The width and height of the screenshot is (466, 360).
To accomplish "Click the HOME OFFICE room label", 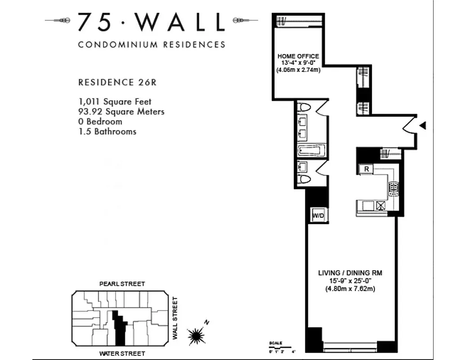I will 298,56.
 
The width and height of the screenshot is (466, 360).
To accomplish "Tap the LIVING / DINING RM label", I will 350,273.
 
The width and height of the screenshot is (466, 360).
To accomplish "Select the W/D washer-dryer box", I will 318,216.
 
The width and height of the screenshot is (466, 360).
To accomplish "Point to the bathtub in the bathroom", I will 311,150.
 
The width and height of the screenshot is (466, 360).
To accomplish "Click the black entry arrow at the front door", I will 422,126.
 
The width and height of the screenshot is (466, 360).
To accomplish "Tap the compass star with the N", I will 197,334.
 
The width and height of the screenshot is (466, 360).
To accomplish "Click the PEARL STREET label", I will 122,284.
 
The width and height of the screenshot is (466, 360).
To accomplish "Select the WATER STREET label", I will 122,353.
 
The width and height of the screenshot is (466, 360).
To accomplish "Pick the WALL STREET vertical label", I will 176,318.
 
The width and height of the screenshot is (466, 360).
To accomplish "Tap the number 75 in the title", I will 94,22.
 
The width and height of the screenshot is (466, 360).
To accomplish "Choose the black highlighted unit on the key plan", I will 120,328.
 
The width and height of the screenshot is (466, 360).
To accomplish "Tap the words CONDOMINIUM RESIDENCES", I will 151,45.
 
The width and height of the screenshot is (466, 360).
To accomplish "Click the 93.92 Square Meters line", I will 121,112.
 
